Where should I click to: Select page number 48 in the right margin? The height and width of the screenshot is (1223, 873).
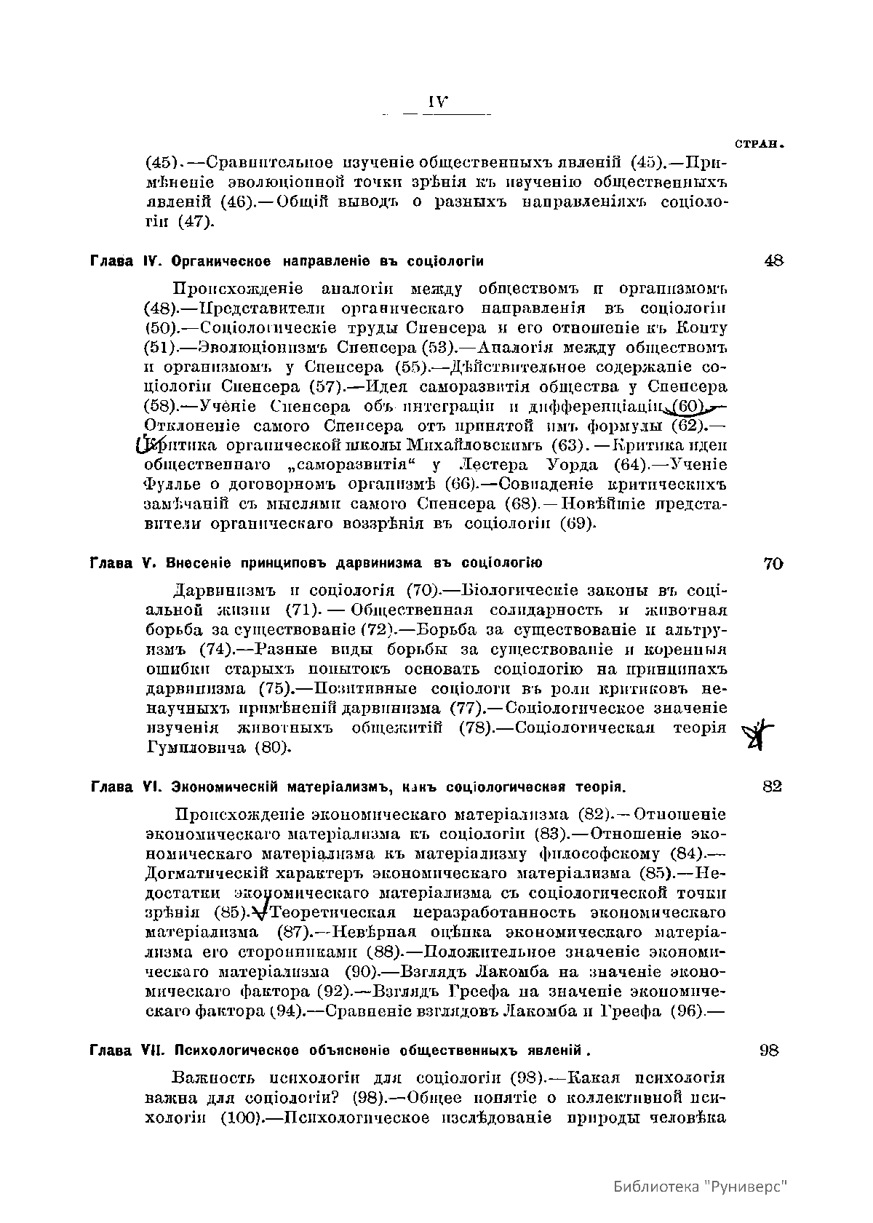pyautogui.click(x=773, y=260)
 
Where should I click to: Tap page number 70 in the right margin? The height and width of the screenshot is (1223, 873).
pyautogui.click(x=773, y=563)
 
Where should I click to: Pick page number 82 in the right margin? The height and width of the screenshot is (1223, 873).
pyautogui.click(x=773, y=786)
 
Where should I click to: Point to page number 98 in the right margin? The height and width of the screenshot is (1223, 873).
pyautogui.click(x=770, y=1050)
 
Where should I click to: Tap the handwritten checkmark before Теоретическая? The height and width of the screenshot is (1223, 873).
pyautogui.click(x=258, y=913)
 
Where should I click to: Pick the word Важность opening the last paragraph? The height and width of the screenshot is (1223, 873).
pyautogui.click(x=212, y=1077)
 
